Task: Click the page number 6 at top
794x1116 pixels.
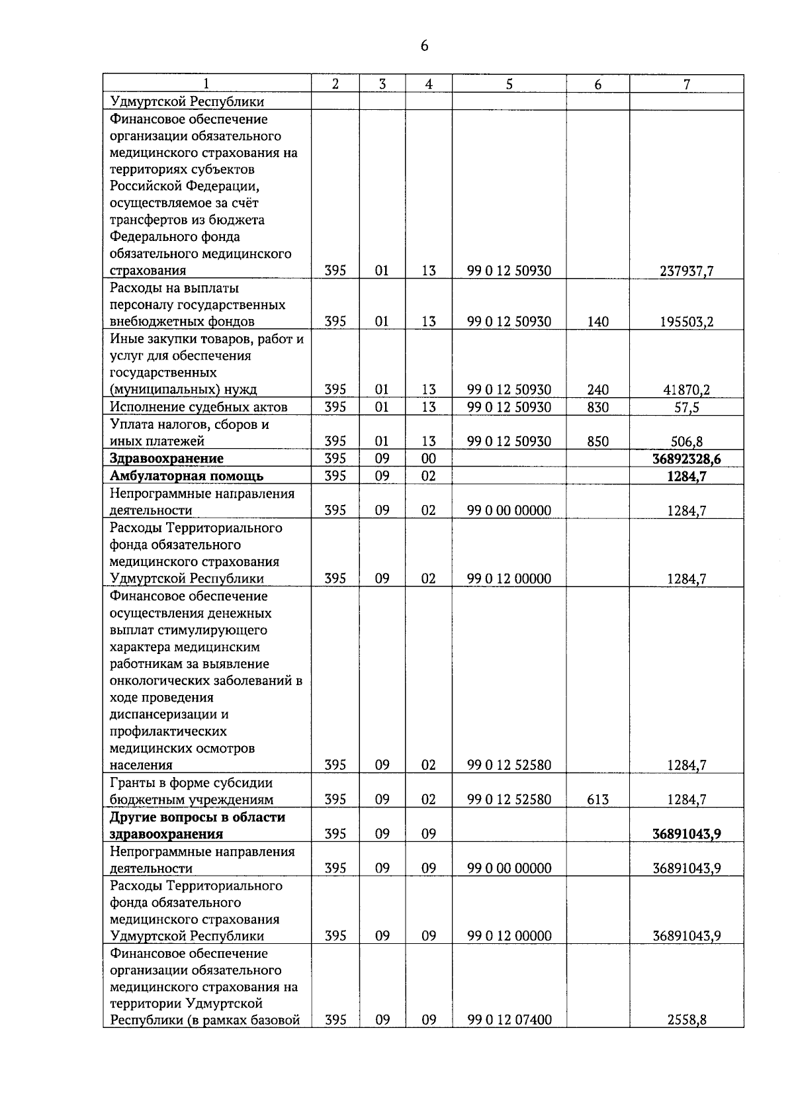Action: click(x=424, y=46)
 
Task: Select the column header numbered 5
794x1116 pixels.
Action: click(x=509, y=84)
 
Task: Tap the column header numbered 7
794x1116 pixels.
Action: click(x=687, y=84)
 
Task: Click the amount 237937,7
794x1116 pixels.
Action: click(x=687, y=271)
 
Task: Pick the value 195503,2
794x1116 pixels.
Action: click(x=687, y=322)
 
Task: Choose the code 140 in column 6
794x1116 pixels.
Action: click(x=597, y=322)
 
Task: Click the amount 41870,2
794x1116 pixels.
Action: click(x=687, y=390)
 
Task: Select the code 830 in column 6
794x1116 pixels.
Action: click(x=597, y=407)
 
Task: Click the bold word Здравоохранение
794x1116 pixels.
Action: click(x=167, y=458)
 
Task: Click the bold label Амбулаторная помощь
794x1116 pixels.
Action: click(x=187, y=475)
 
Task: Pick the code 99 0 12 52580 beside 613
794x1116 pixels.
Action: click(x=509, y=800)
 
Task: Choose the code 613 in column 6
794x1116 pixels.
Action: click(x=597, y=800)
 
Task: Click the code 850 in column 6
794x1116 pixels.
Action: click(x=597, y=442)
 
